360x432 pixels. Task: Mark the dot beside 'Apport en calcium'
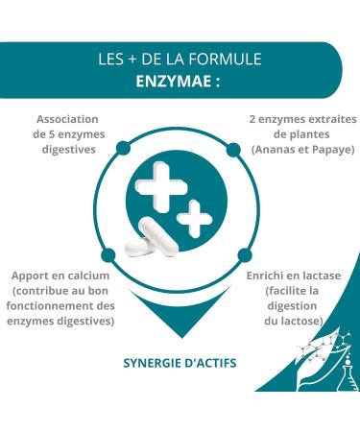click(x=127, y=253)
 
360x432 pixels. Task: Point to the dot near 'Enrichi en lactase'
click(x=232, y=253)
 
